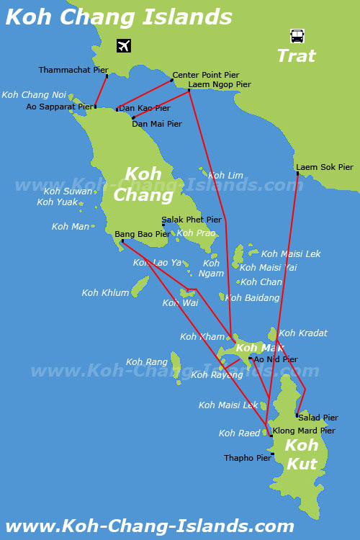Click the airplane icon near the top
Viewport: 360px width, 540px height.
click(124, 45)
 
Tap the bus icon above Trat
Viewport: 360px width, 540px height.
click(297, 35)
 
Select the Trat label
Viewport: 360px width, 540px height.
click(297, 55)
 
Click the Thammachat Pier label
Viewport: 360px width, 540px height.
click(73, 70)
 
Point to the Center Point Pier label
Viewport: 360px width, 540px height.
click(205, 75)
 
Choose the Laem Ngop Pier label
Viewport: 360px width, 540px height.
click(220, 84)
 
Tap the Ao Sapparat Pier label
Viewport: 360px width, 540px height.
click(60, 107)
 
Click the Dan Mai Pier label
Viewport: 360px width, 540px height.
click(156, 124)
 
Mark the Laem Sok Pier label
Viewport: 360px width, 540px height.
click(325, 167)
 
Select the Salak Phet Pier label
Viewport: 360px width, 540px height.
click(192, 220)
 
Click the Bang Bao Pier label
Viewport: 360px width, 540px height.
click(143, 234)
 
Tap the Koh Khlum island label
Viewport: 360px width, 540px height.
click(106, 293)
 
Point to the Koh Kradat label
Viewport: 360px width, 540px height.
click(303, 333)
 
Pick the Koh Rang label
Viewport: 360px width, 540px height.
click(147, 362)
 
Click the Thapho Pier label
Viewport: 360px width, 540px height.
click(247, 458)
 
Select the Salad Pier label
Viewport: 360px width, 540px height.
click(318, 418)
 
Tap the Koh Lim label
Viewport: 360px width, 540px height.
click(226, 175)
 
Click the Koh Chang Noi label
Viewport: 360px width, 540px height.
click(34, 95)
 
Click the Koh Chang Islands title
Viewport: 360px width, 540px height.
click(119, 17)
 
